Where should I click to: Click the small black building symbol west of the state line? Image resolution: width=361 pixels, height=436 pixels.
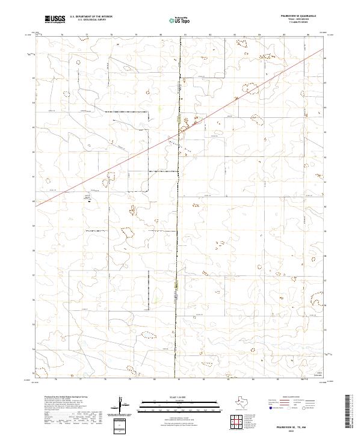[90, 200]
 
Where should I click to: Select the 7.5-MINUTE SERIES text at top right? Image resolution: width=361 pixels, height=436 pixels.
[306, 22]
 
